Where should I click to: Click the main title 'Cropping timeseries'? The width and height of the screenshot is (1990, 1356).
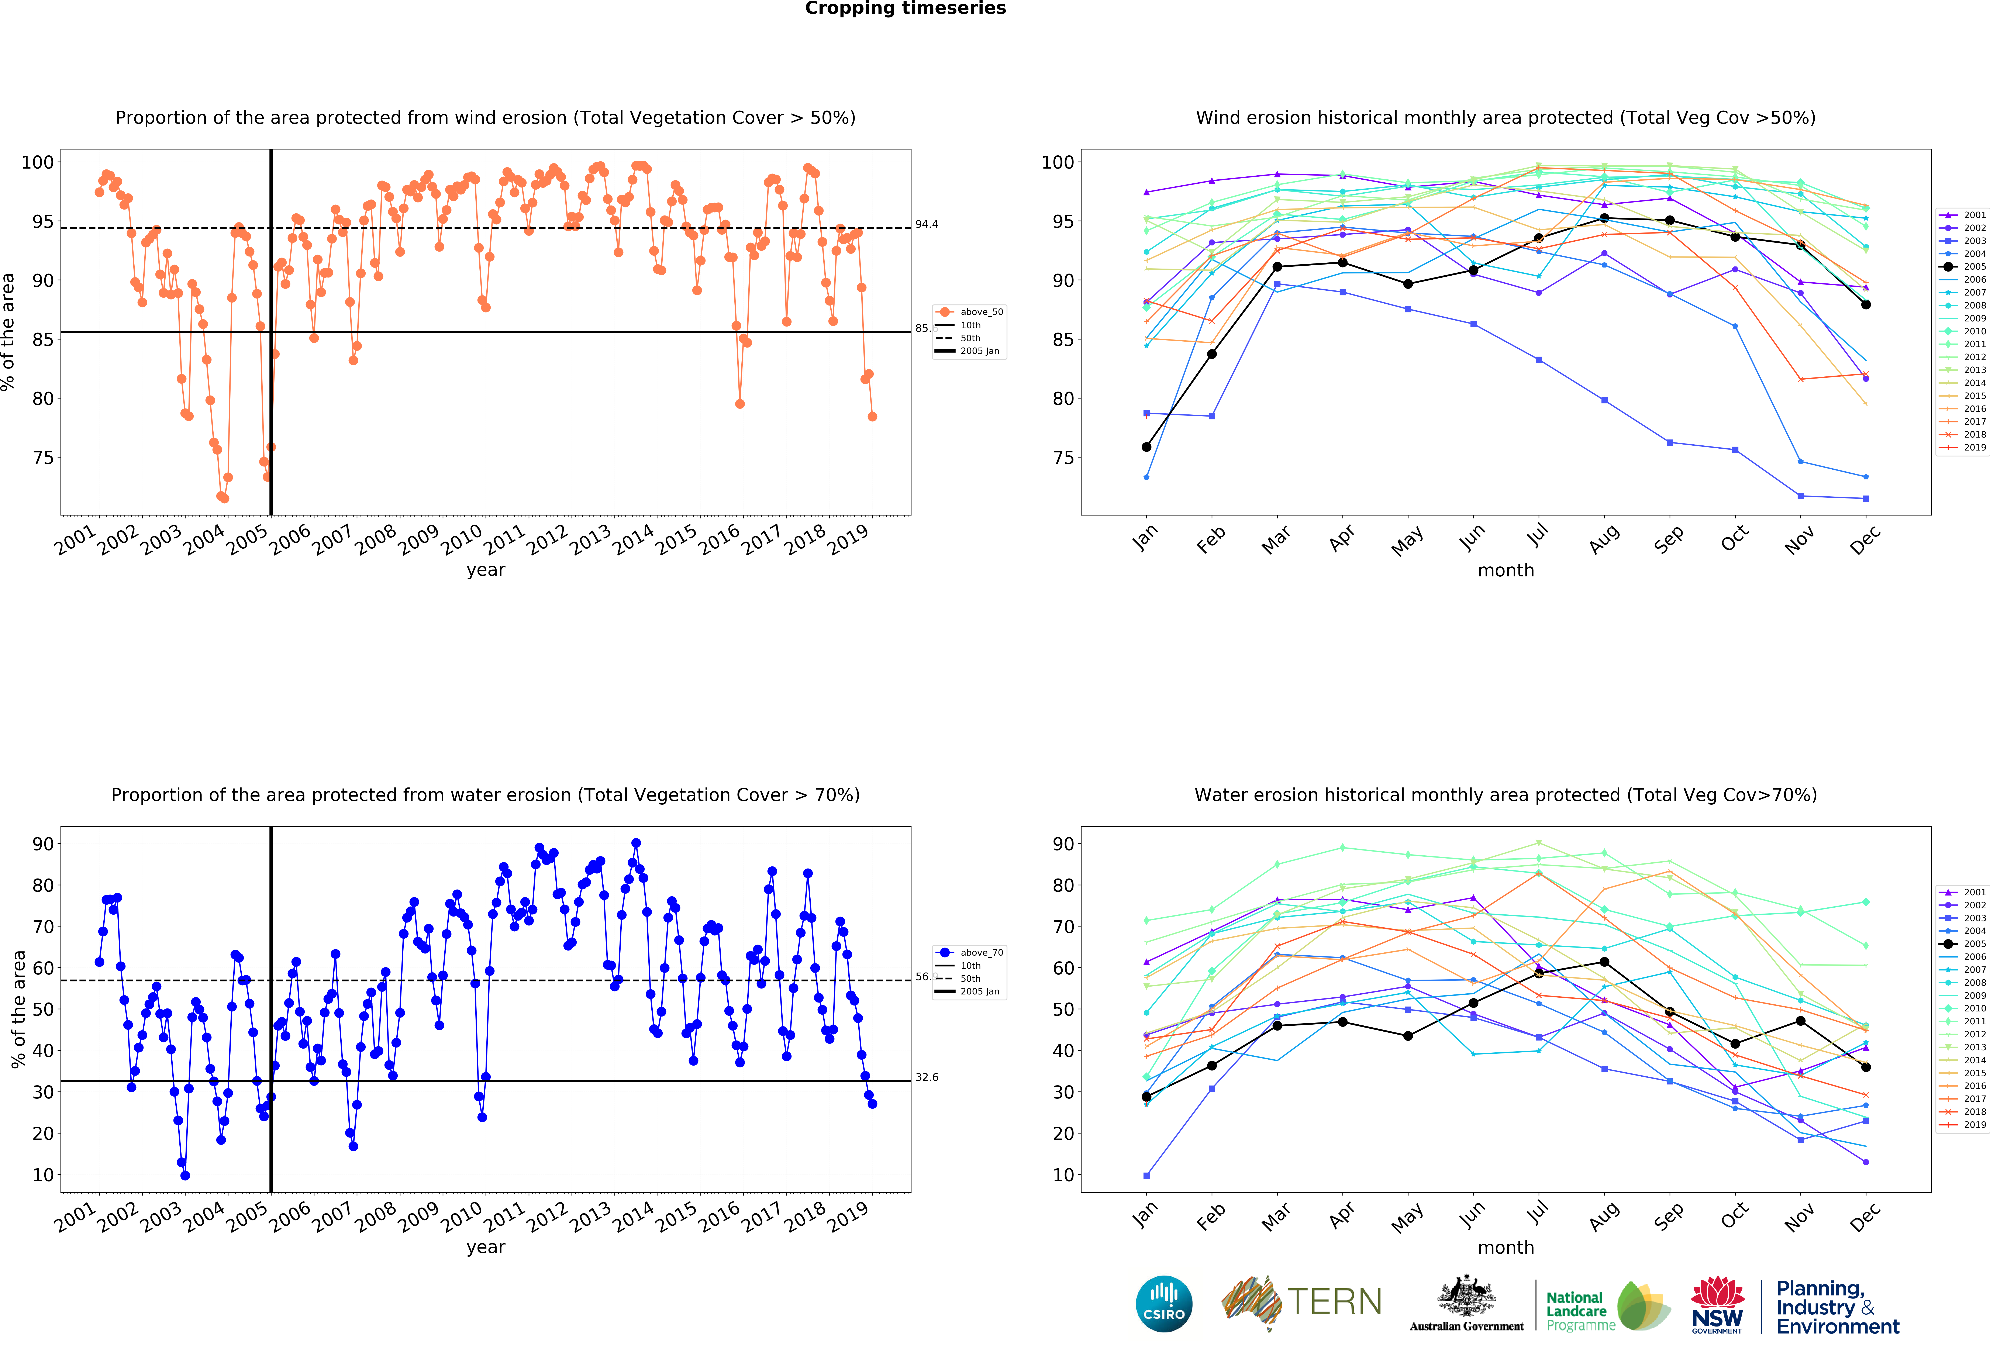click(905, 8)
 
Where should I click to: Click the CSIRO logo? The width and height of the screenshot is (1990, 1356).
click(1164, 1304)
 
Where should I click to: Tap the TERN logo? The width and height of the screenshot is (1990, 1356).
click(1301, 1302)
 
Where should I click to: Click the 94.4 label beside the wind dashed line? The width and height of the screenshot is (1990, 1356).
click(927, 224)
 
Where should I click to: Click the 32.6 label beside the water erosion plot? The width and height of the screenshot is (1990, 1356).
click(927, 1077)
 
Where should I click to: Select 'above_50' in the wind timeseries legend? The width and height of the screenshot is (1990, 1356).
click(980, 312)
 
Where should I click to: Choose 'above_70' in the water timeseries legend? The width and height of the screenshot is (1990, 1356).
click(980, 952)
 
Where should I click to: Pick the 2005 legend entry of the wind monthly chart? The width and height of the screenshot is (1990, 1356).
click(1974, 266)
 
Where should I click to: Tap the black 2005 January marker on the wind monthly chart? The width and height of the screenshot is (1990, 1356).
click(1146, 447)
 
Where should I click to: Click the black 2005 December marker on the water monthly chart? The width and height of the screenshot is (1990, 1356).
click(1866, 1067)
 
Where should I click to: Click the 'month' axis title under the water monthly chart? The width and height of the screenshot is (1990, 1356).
click(1505, 1247)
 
